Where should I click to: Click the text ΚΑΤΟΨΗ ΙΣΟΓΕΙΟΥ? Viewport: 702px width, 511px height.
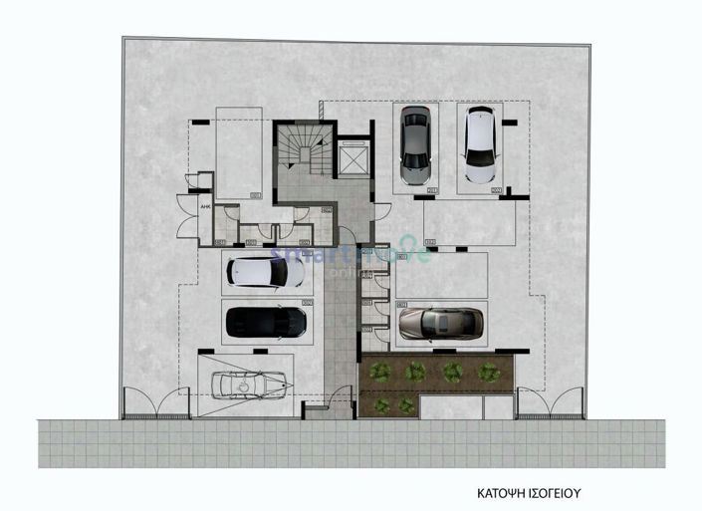[x=528, y=492]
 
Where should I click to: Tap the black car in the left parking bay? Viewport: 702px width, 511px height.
[x=266, y=323]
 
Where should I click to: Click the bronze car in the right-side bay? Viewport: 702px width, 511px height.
[x=440, y=323]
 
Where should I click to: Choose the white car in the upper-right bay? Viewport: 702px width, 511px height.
[x=481, y=145]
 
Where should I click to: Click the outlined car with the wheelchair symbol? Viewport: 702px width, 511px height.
[x=253, y=383]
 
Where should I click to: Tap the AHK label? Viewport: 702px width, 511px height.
[x=206, y=207]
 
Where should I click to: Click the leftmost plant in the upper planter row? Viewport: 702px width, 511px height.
[x=379, y=372]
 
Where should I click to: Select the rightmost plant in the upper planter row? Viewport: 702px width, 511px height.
[x=487, y=372]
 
